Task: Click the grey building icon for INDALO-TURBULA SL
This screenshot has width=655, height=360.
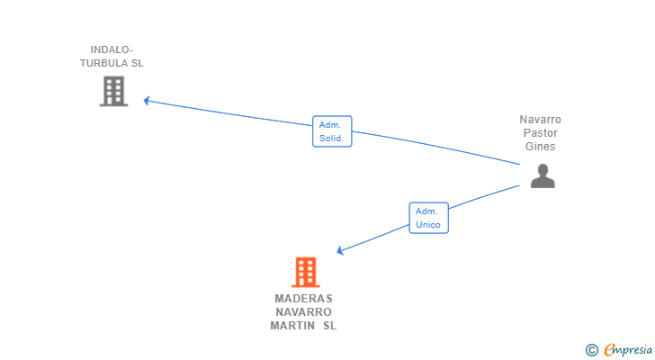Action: click(x=113, y=91)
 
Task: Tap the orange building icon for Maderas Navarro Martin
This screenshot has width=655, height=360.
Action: click(x=305, y=272)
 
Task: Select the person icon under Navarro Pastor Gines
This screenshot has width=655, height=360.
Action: click(x=542, y=175)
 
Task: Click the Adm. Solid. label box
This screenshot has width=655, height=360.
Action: click(x=332, y=131)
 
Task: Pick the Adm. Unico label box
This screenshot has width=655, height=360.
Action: click(x=428, y=218)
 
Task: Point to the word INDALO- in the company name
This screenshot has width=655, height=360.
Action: click(x=112, y=49)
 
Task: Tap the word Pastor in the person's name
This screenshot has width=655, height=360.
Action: click(x=540, y=133)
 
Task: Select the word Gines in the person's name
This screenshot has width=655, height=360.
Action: click(x=540, y=147)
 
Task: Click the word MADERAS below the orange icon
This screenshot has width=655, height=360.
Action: click(x=303, y=299)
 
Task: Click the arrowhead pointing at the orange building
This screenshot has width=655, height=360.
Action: click(x=341, y=251)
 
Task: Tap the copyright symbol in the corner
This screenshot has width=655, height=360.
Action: click(x=591, y=350)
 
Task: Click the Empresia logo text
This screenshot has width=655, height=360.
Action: click(x=626, y=349)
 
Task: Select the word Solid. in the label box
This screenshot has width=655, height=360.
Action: click(x=332, y=139)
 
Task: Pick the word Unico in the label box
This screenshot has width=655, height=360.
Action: click(x=428, y=225)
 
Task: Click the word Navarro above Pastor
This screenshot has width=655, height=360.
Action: click(x=540, y=120)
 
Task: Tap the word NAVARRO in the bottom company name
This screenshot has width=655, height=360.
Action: click(x=303, y=312)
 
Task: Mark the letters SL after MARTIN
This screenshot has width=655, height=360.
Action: click(x=329, y=326)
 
